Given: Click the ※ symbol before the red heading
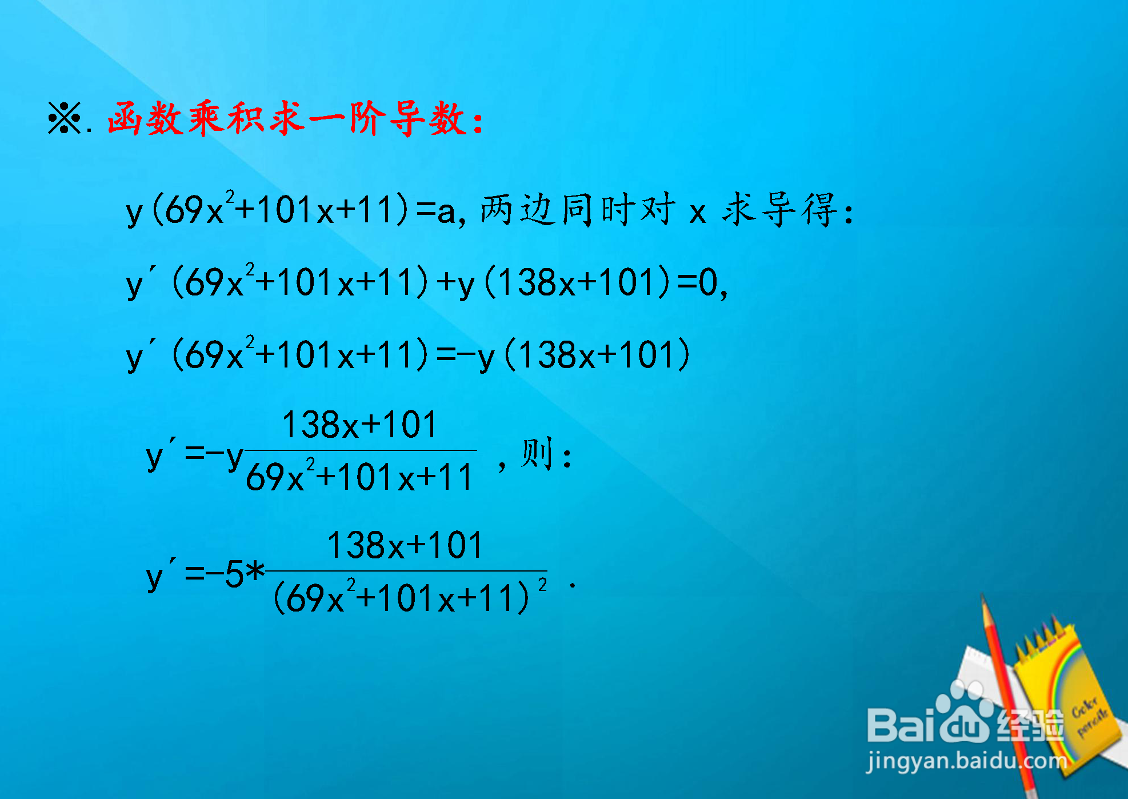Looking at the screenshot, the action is (65, 118).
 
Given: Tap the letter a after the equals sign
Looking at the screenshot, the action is (446, 212).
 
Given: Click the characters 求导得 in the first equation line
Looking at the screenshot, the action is (780, 210).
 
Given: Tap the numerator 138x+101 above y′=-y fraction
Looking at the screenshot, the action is (360, 425).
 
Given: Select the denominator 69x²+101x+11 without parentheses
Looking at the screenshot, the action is (359, 476).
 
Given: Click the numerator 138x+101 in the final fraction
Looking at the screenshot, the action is (405, 545).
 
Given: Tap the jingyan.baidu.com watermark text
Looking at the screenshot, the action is (966, 762).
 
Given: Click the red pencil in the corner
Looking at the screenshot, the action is (1009, 694).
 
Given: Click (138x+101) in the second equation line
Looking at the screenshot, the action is (578, 282).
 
